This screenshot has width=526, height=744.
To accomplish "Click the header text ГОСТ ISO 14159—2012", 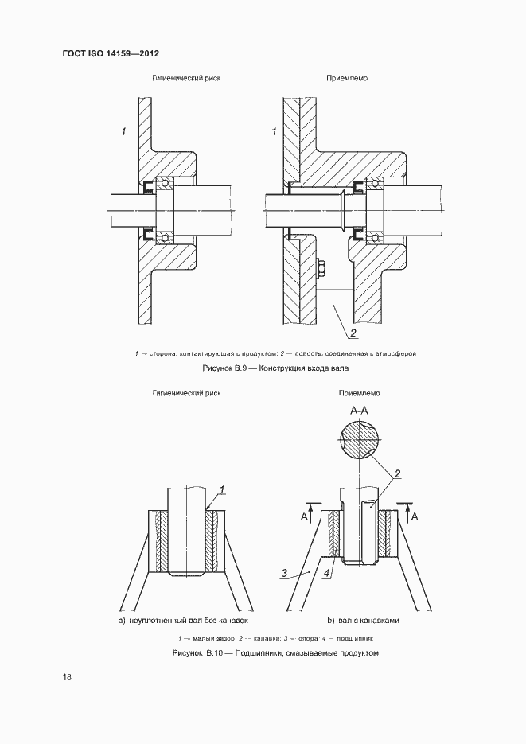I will pos(111,53).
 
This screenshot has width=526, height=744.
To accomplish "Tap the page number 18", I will pos(67,677).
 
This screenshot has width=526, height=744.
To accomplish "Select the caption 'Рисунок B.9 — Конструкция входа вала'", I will pos(276,368).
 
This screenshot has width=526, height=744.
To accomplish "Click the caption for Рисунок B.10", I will pos(274,653).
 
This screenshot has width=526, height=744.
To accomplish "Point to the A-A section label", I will pos(359,411).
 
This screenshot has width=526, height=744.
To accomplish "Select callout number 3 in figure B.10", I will pos(284,571).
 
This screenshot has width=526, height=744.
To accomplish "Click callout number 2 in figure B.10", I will pos(398,474).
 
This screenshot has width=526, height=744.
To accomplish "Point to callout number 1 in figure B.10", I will pos(224,489).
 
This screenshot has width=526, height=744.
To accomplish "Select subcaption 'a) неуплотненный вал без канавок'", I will pos(184,619).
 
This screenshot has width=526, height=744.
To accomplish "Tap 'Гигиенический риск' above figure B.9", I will pos(187,80).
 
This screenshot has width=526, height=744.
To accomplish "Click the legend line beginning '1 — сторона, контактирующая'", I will pos(275,353).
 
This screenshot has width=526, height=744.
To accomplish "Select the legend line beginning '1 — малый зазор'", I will pos(275,638).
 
